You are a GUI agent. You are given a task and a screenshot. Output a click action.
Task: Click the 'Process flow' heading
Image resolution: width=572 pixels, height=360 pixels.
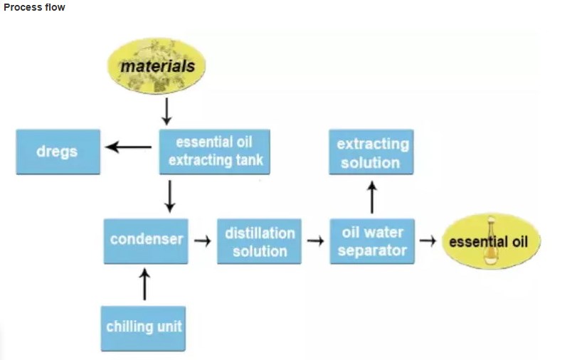[34, 7]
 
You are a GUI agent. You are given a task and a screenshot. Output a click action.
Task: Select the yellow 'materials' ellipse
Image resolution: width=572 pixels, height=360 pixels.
[157, 67]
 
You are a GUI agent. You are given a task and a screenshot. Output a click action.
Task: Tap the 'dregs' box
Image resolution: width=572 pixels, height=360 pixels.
[58, 152]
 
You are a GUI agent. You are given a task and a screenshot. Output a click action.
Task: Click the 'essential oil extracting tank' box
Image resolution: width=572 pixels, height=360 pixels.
[215, 151]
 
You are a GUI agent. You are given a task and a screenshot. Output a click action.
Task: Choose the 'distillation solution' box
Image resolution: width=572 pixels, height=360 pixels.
[260, 242]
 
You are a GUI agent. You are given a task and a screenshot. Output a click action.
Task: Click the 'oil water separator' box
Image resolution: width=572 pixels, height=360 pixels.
[372, 242]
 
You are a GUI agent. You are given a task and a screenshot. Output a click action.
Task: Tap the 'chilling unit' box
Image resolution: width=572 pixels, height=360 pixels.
[144, 327]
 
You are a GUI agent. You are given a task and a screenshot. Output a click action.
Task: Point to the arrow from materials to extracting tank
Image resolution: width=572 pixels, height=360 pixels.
[166, 111]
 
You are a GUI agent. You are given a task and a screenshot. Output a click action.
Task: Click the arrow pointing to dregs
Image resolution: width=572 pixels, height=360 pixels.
[128, 147]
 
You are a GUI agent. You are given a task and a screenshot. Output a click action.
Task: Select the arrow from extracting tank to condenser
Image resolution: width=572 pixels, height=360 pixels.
[169, 196]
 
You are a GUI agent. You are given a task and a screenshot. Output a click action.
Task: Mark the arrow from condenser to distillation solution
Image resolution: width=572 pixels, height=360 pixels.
[202, 241]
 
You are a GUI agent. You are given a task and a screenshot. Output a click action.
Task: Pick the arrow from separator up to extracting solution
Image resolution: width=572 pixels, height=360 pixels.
[371, 196]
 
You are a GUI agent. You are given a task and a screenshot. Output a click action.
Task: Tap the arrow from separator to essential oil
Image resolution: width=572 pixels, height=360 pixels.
[427, 240]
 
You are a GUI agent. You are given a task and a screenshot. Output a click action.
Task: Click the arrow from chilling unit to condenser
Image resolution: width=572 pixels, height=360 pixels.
[145, 285]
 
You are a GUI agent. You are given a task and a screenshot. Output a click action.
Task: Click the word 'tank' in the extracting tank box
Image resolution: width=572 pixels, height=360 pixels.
[247, 160]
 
